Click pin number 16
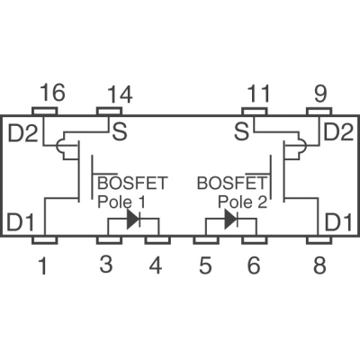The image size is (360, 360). pyautogui.click(x=52, y=93)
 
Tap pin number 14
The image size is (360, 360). pyautogui.click(x=120, y=94)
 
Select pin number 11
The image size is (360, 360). pyautogui.click(x=258, y=94)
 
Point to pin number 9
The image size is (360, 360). pyautogui.click(x=320, y=94)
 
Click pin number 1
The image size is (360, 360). pyautogui.click(x=43, y=266)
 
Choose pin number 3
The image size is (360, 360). pyautogui.click(x=106, y=265)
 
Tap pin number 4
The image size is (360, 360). pyautogui.click(x=156, y=265)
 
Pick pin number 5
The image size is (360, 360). pyautogui.click(x=205, y=265)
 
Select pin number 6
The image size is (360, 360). pyautogui.click(x=254, y=265)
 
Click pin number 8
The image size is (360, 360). pyautogui.click(x=319, y=265)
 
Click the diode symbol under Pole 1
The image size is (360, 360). pyautogui.click(x=133, y=220)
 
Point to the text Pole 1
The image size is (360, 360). pyautogui.click(x=121, y=202)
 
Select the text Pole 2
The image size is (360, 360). pyautogui.click(x=242, y=202)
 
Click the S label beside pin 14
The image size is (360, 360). pyautogui.click(x=120, y=132)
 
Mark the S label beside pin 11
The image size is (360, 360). pyautogui.click(x=241, y=132)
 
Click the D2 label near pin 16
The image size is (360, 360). pyautogui.click(x=22, y=134)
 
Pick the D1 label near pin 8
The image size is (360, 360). pyautogui.click(x=338, y=222)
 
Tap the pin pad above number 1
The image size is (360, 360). pyautogui.click(x=45, y=240)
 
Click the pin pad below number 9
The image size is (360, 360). pyautogui.click(x=319, y=112)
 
